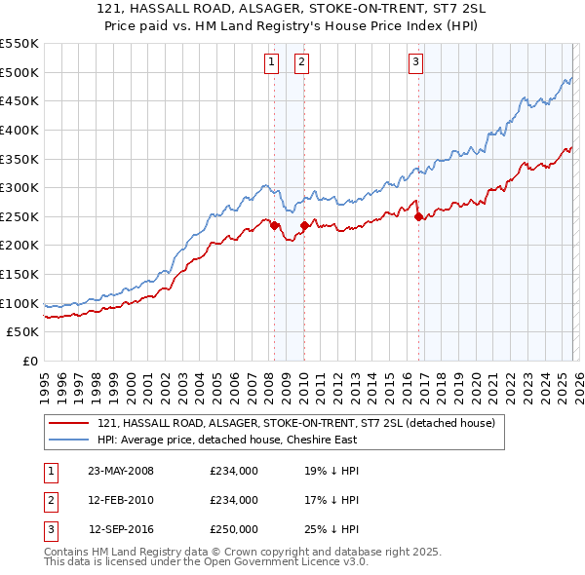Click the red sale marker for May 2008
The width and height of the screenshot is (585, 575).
(x=274, y=225)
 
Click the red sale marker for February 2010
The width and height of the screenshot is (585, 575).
(x=303, y=225)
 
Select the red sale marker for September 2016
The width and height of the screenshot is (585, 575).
(x=418, y=216)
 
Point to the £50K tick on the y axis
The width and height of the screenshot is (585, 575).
(x=23, y=332)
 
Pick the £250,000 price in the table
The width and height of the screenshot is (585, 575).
(x=234, y=529)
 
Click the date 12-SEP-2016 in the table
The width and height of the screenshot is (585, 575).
(x=122, y=529)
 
